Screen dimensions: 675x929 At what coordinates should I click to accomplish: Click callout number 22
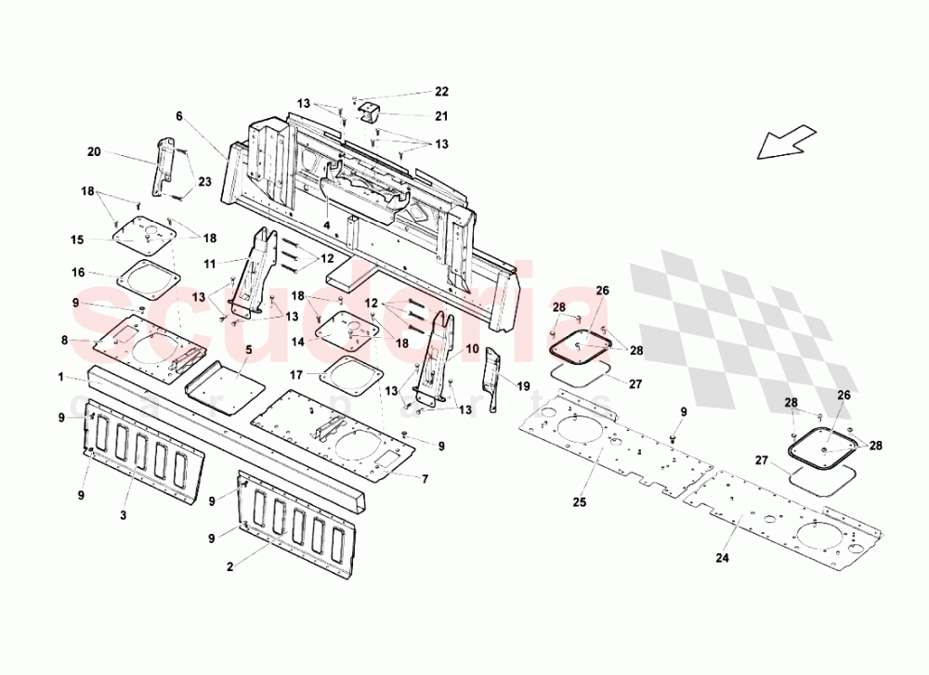coord(441,91)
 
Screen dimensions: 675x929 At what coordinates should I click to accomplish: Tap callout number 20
coord(94,152)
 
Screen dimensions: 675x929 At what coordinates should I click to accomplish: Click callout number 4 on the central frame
coord(327,224)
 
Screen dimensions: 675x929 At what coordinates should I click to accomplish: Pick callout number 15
coord(78,240)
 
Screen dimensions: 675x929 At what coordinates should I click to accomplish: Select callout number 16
coord(78,272)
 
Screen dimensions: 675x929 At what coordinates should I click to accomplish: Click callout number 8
coord(64,341)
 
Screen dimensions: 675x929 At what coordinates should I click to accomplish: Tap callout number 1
coord(60,378)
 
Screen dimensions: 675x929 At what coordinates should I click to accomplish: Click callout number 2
coord(230,564)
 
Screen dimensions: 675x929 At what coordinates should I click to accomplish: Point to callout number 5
coord(248,350)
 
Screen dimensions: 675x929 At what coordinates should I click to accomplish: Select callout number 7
coord(425,478)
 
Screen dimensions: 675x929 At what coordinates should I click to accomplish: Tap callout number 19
coord(524,384)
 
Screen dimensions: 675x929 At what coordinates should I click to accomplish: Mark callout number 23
coord(203,182)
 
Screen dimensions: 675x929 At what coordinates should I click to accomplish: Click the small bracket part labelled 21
coord(371,112)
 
